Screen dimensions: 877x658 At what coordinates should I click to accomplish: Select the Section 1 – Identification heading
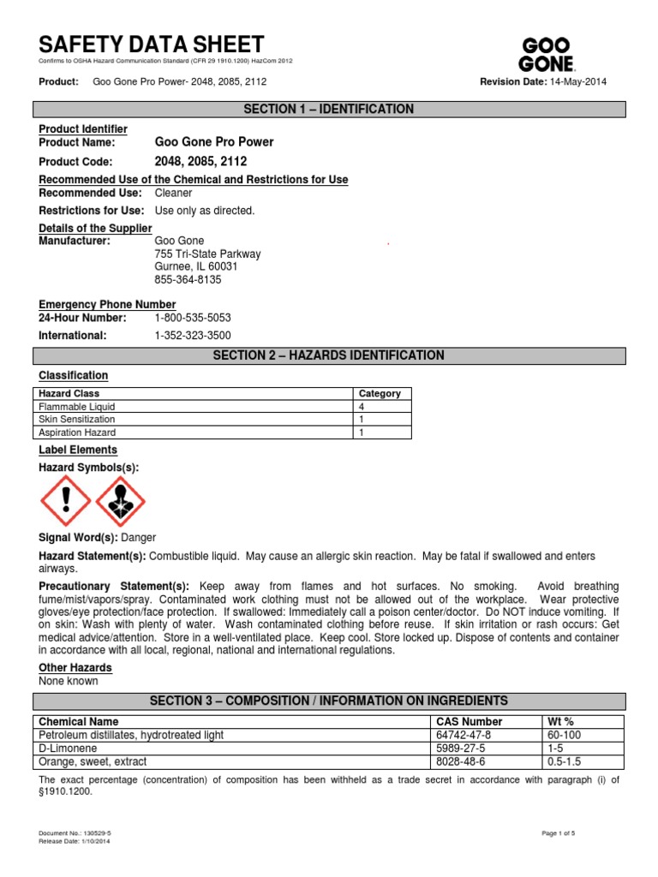coord(329,110)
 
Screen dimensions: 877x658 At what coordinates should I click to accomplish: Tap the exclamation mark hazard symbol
coord(65,500)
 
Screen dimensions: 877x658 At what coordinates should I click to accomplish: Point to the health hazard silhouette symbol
coord(120,500)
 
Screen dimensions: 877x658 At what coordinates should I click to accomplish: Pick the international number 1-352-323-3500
coord(193,336)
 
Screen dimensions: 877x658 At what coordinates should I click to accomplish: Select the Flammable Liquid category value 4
coord(362,407)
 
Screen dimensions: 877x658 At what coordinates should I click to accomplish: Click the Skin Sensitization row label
coord(77,420)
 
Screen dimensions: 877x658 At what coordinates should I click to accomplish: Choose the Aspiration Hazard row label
coord(75,433)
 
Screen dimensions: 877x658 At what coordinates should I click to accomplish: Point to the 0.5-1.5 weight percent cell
coord(564,761)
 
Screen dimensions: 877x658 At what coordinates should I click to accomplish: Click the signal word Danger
coord(139,538)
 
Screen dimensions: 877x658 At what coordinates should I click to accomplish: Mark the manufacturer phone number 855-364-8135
coord(188,280)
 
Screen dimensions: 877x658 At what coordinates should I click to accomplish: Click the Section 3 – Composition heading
coord(329,701)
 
